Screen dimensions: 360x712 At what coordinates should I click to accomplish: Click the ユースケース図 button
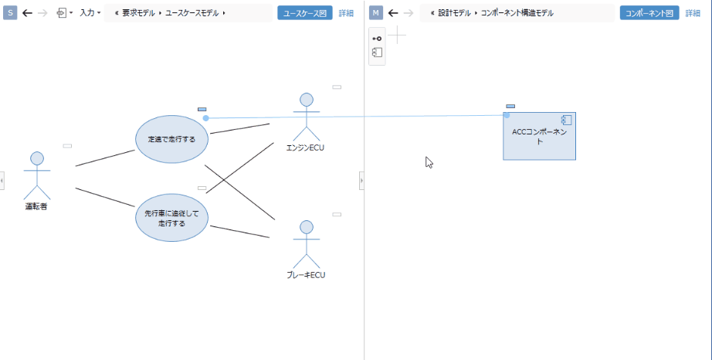304,13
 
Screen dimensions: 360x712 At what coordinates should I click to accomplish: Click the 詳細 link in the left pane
346,13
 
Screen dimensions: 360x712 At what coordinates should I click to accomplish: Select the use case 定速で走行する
171,140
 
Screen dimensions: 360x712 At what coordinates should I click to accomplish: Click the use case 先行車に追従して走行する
171,218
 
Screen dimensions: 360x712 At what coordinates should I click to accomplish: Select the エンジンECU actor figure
307,116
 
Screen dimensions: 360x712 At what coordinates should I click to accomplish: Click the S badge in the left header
10,13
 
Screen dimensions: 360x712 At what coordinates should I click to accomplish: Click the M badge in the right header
376,13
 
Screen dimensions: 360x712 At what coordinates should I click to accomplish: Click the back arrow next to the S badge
28,13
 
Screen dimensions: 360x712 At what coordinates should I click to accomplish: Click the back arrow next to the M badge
393,13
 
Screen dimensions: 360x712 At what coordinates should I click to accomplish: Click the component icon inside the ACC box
566,121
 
